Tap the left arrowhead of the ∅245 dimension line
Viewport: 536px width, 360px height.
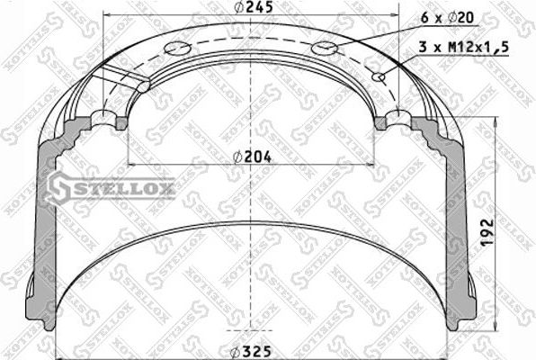point(108,16)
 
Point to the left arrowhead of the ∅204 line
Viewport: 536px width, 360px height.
point(131,164)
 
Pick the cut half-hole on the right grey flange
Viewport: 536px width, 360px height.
point(396,121)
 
